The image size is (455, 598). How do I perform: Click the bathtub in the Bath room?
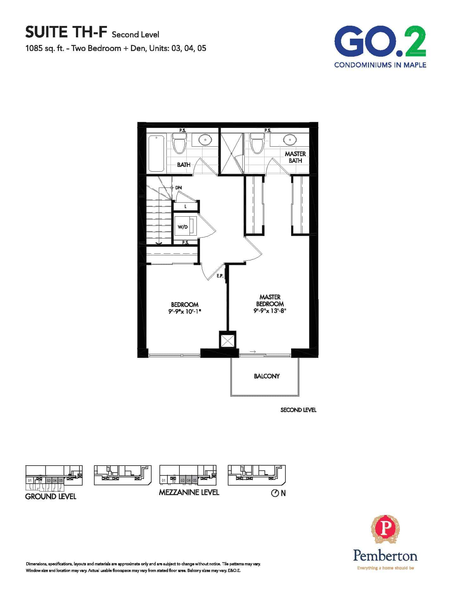click(x=157, y=154)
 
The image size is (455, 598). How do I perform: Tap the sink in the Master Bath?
click(x=289, y=139)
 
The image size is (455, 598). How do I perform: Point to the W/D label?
click(x=183, y=227)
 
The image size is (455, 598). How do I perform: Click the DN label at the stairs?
click(x=178, y=188)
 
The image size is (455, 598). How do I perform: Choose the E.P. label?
click(x=220, y=276)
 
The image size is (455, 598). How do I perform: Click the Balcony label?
click(x=267, y=376)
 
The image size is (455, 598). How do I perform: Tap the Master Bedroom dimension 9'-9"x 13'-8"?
click(x=270, y=311)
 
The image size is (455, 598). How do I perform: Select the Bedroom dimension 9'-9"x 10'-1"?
click(x=185, y=311)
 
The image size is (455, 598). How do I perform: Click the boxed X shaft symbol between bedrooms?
click(x=227, y=340)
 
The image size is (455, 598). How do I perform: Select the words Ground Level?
click(x=51, y=496)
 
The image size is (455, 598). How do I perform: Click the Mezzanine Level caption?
click(x=189, y=492)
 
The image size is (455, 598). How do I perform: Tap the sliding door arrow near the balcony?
click(x=252, y=352)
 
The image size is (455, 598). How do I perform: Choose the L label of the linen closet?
click(x=185, y=207)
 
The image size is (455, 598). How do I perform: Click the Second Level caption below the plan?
click(x=298, y=410)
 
